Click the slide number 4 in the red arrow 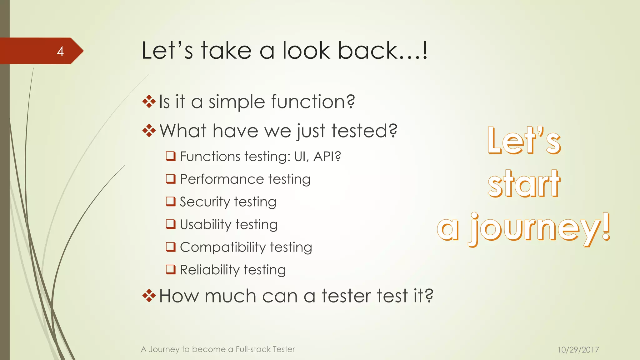pos(60,51)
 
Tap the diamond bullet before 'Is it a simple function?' pos(149,102)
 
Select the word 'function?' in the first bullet pos(313,102)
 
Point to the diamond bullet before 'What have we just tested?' pos(149,131)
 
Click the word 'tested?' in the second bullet pos(364,131)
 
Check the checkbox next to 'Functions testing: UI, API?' pos(171,156)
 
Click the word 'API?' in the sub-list pos(327,157)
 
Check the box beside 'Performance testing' pos(171,179)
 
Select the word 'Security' pos(205,202)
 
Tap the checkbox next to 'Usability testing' pos(171,224)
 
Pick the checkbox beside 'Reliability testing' pos(171,269)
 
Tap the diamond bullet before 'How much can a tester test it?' pos(149,296)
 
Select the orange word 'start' pos(524,184)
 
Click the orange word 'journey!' pos(539,230)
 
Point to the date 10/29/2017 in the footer pos(578,350)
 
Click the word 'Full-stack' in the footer pos(252,349)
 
